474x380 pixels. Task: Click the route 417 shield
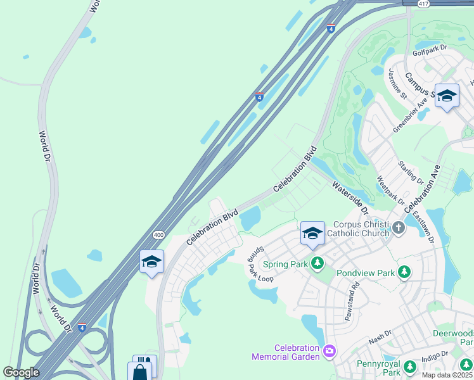point(424,4)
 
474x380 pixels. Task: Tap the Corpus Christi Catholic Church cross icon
point(398,227)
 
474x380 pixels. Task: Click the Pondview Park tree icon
point(403,272)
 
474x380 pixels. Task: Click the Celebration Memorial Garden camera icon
point(329,350)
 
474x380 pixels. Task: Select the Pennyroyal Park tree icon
point(410,367)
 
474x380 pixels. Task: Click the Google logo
point(21,372)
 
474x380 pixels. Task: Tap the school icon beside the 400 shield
point(151,262)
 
